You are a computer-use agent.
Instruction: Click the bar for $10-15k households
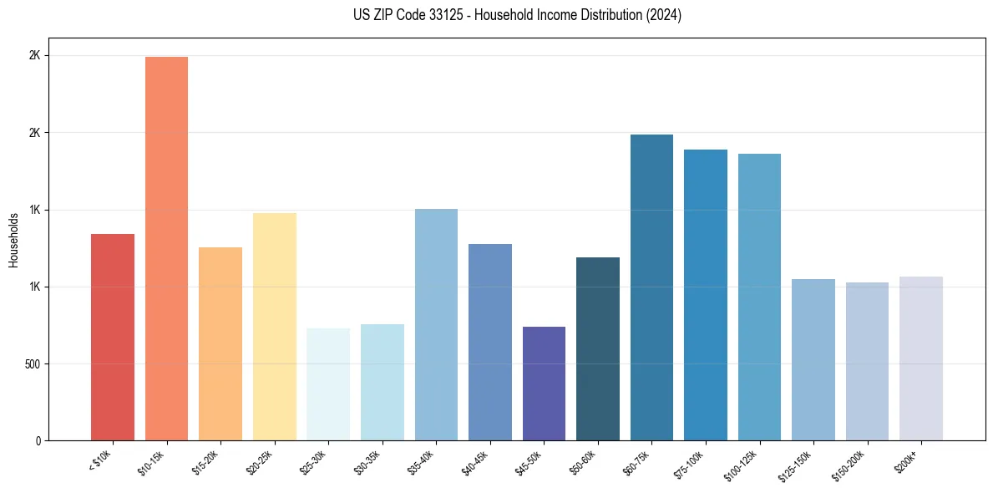pyautogui.click(x=166, y=248)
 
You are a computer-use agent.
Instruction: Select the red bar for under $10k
pyautogui.click(x=113, y=337)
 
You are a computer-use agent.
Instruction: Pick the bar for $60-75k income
pyautogui.click(x=651, y=287)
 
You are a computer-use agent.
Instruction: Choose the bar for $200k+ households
pyautogui.click(x=921, y=358)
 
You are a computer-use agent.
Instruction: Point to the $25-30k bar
pyautogui.click(x=328, y=384)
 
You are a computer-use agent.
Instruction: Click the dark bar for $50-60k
pyautogui.click(x=598, y=348)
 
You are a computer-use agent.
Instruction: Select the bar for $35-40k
pyautogui.click(x=436, y=324)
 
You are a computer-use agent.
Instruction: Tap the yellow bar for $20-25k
pyautogui.click(x=275, y=327)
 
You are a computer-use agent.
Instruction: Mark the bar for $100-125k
pyautogui.click(x=759, y=297)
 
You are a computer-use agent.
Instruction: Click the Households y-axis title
pyautogui.click(x=13, y=240)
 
